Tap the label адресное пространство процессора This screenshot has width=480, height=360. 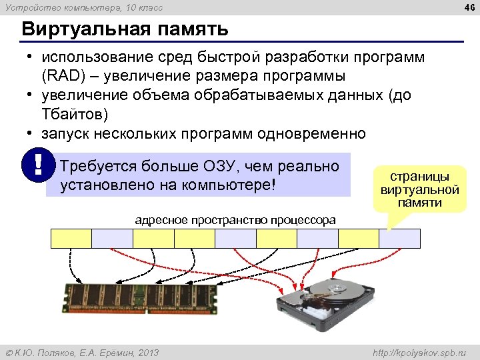coord(235,220)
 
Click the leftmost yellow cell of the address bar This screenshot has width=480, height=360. coord(71,238)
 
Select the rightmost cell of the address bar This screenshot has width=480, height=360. coord(400,238)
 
